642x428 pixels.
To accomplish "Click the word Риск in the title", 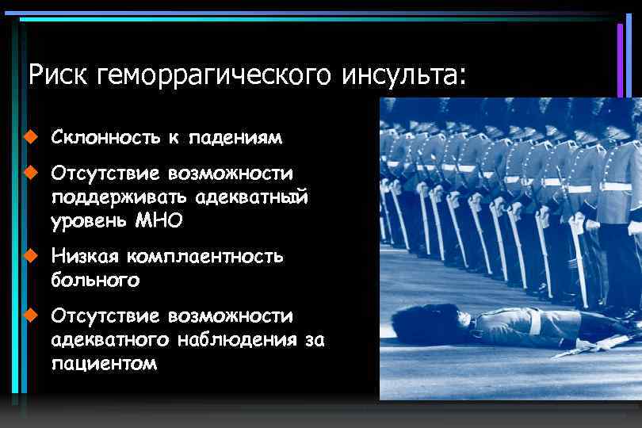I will (x=58, y=75).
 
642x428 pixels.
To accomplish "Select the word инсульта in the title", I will (x=403, y=75).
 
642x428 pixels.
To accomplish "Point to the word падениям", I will (x=235, y=138).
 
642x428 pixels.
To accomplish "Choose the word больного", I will (x=95, y=280).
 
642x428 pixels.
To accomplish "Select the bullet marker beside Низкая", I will (x=30, y=255).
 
